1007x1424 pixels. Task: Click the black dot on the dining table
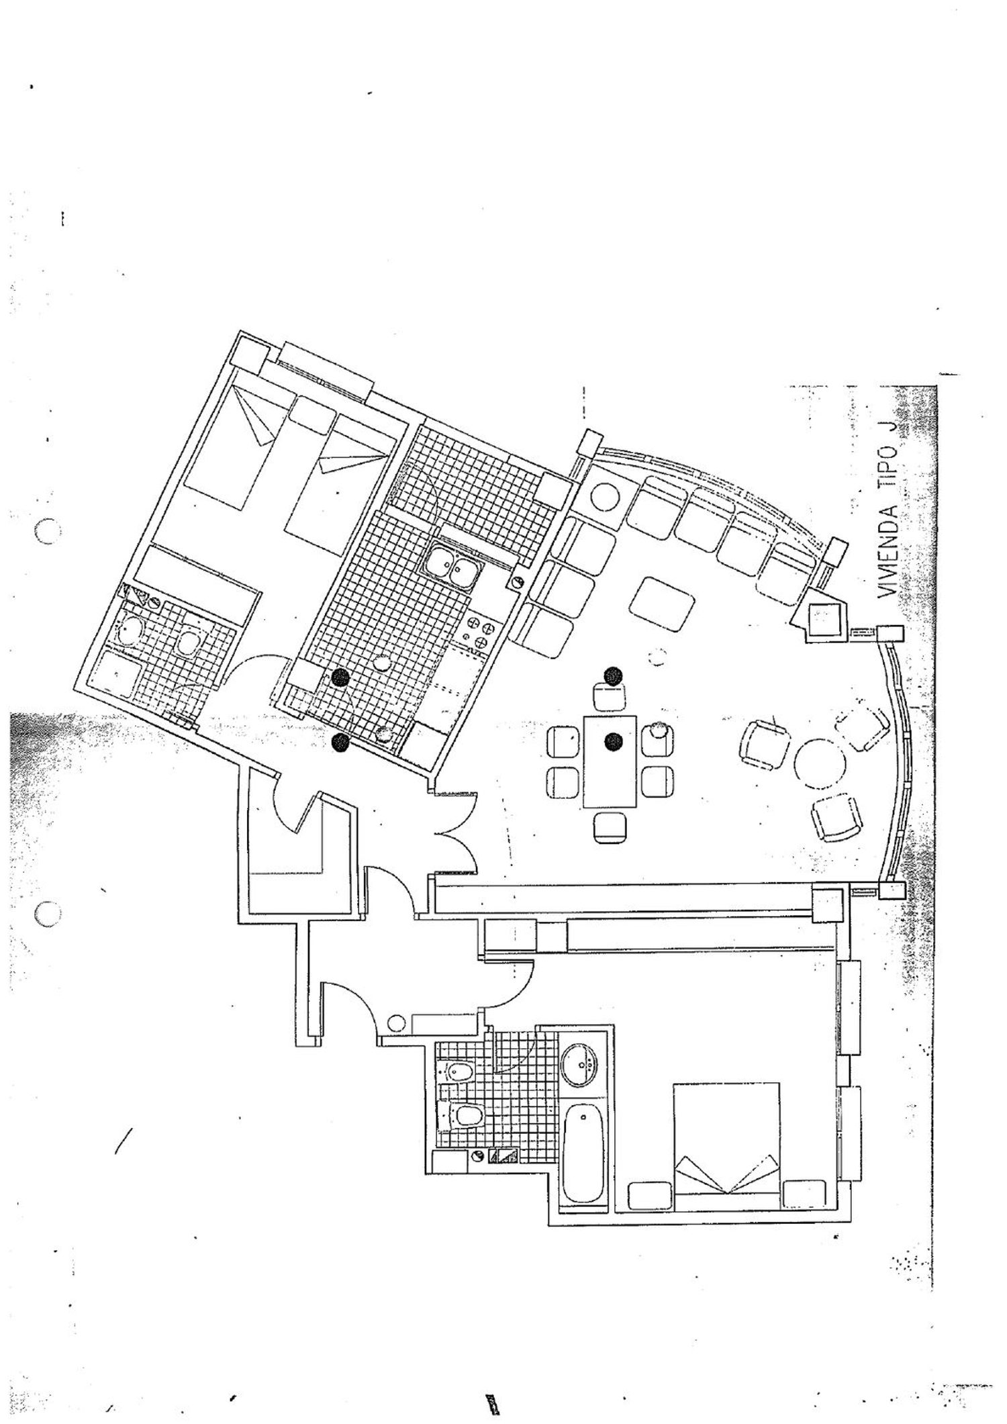612,741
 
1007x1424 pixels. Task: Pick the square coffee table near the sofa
663,603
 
